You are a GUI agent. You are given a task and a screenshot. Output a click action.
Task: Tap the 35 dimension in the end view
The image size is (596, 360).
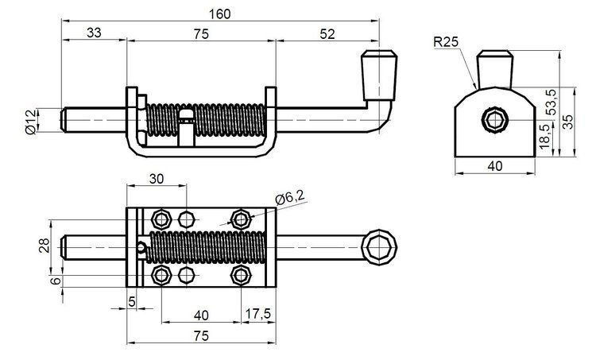(x=567, y=122)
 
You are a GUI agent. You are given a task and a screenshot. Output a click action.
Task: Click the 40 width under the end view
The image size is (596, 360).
(x=494, y=167)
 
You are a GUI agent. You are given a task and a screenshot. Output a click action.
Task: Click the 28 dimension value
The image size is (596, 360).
(x=45, y=246)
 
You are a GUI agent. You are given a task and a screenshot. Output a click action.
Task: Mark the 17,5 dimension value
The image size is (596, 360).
(x=257, y=314)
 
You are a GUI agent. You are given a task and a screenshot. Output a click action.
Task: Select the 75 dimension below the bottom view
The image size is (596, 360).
(x=200, y=337)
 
